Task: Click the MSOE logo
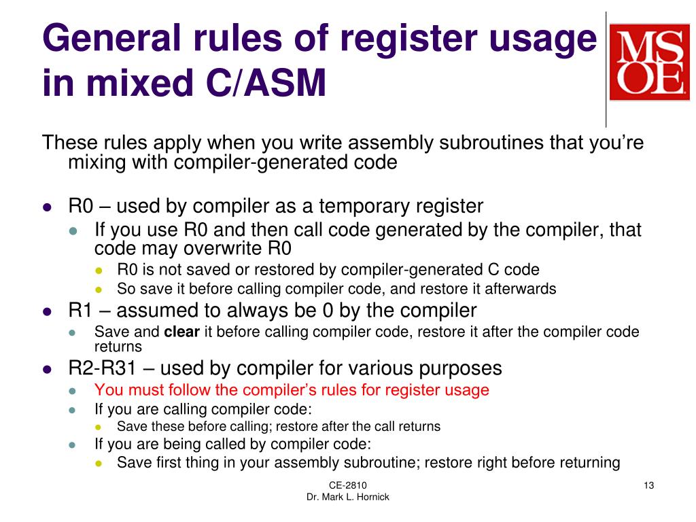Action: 648,62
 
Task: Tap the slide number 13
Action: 648,485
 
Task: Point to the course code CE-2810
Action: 347,485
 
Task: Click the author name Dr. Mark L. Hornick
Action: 347,497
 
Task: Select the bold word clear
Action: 182,332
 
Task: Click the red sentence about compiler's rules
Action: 292,390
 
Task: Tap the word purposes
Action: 460,368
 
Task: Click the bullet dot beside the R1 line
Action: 47,311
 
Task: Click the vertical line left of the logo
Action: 606,68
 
